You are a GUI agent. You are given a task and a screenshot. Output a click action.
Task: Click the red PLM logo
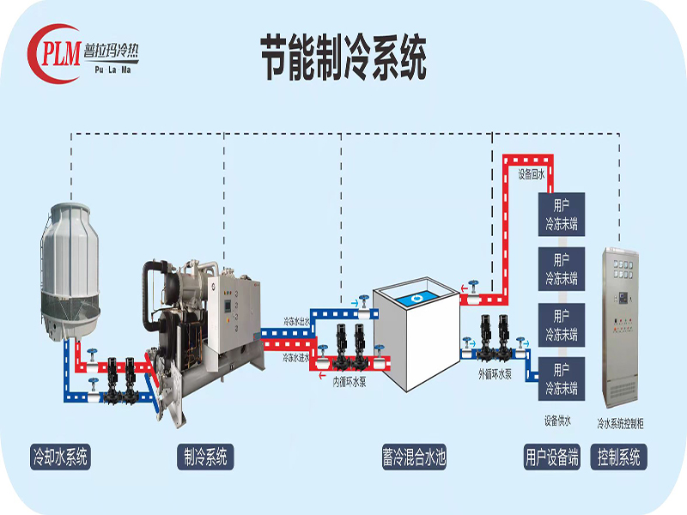coord(56,50)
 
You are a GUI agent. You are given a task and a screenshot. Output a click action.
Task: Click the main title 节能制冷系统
coord(343,58)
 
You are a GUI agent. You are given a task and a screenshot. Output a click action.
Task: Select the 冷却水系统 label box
coord(59,457)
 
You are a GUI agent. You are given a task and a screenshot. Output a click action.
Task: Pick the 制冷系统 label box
coord(205,457)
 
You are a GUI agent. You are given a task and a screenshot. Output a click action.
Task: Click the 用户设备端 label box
coord(552,457)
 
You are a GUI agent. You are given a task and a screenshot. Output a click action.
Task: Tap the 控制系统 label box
coord(618,457)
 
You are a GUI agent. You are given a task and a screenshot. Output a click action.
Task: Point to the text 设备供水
coord(557,421)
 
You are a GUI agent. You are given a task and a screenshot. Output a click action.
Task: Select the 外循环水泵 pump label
coord(495,375)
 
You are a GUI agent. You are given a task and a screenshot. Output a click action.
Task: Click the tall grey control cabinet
coord(623,326)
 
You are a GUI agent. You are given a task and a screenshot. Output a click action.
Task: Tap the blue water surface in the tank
coord(416,297)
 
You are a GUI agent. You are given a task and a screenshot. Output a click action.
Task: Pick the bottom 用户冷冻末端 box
coord(561,377)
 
